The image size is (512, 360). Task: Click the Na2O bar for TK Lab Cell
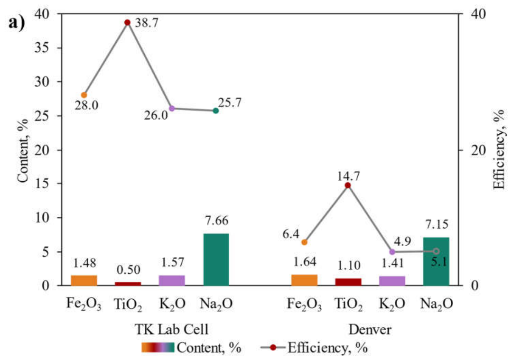point(216,259)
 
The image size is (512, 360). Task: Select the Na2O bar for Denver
point(436,261)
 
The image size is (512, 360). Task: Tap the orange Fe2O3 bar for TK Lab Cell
point(84,280)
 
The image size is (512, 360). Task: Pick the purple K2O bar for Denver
point(392,281)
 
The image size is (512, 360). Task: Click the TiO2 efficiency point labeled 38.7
point(127,22)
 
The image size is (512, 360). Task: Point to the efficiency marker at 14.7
point(348,185)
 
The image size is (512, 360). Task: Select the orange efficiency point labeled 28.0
point(84,95)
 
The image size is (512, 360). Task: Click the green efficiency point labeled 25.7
point(216,111)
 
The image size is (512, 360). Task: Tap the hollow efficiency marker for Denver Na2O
point(436,251)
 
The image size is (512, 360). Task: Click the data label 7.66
point(217,221)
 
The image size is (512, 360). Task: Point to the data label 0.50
point(129,270)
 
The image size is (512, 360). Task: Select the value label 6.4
point(291,234)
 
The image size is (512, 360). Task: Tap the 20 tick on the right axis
point(478,150)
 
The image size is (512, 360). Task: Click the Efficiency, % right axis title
point(499,149)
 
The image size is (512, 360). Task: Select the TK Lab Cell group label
point(172,329)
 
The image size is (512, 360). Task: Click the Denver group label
point(370,329)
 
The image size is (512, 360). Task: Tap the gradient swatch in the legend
point(158,348)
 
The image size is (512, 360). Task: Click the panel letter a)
point(17,23)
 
